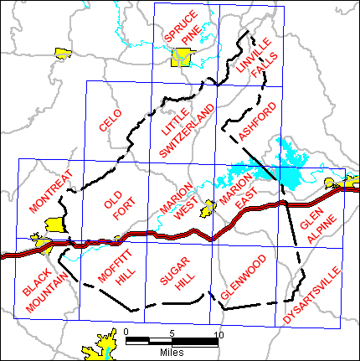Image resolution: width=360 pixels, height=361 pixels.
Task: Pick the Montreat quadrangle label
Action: (50, 191)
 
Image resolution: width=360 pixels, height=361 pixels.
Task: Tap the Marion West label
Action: (176, 201)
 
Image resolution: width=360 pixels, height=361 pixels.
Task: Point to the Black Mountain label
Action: (40, 291)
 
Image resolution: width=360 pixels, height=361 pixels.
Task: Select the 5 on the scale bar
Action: (172, 333)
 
